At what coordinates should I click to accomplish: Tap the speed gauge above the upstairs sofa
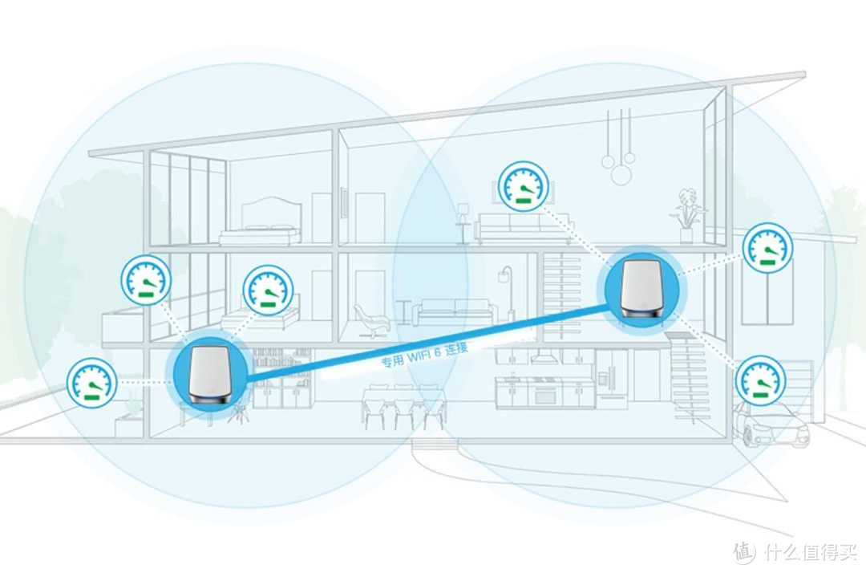[x=524, y=186]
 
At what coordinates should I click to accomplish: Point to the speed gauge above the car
[x=760, y=380]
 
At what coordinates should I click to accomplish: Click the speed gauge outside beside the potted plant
[x=91, y=383]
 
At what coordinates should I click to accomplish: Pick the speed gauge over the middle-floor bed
[x=269, y=291]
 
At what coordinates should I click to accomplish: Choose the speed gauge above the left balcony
[x=146, y=279]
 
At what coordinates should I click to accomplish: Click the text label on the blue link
[x=424, y=355]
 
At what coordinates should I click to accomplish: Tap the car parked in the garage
[x=771, y=424]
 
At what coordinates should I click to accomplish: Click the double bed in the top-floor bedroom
[x=260, y=221]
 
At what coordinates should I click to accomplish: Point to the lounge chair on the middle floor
[x=372, y=320]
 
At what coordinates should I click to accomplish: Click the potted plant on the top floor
[x=686, y=216]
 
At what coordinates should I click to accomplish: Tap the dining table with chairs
[x=403, y=407]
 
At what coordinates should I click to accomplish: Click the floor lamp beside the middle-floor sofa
[x=505, y=295]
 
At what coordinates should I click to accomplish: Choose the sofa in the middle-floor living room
[x=452, y=313]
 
